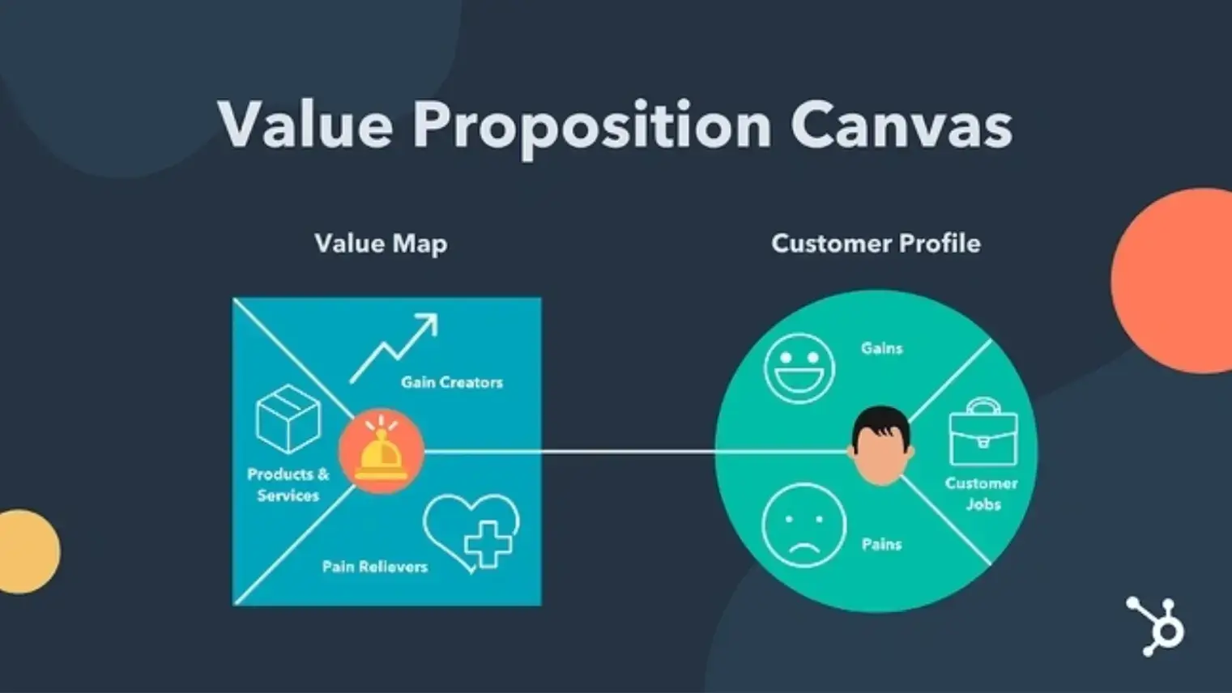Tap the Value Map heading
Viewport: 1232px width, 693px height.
coord(381,244)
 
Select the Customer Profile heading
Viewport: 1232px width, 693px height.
coord(876,244)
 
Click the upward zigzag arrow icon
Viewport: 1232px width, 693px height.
coord(394,347)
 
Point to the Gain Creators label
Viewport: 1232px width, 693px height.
coord(452,382)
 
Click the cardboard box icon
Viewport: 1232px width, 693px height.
coord(288,419)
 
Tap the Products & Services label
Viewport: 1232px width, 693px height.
coord(288,485)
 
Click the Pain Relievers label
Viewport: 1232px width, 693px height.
coord(375,567)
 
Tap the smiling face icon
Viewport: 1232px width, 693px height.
coord(799,368)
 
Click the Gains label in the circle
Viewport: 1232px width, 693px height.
coord(881,348)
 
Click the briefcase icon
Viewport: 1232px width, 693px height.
coord(983,432)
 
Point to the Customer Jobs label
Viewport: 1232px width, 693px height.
coord(982,494)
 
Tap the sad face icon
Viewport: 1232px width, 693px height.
coord(804,525)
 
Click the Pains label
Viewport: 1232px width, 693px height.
coord(881,544)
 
